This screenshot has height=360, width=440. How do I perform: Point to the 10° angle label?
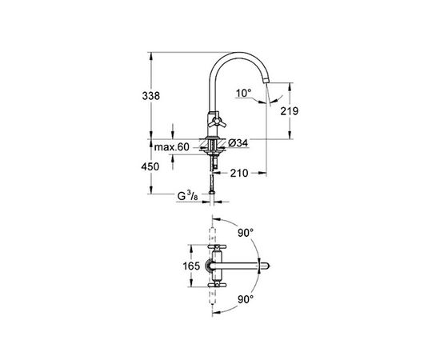[x=243, y=93]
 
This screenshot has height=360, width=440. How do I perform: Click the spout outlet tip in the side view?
[x=266, y=82]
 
